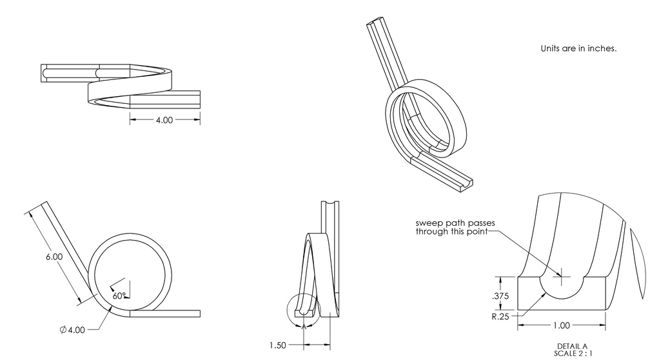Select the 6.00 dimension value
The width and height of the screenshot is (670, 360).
point(54,257)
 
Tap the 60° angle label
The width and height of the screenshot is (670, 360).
point(118,295)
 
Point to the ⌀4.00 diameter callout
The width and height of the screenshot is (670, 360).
point(72,330)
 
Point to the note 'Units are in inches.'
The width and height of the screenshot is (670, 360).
point(578,48)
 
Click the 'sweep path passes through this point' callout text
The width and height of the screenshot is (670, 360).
point(455,226)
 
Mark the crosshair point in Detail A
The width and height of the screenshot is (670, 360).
point(562,277)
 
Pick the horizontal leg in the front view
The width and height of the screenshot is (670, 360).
point(164,314)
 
